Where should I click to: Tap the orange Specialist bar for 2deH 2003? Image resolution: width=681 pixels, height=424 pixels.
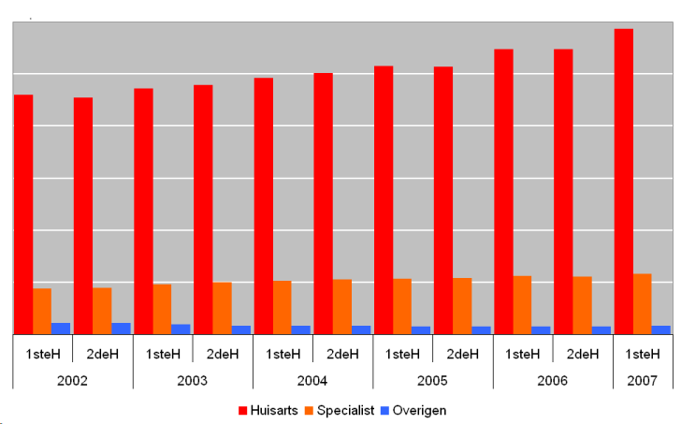[x=222, y=308]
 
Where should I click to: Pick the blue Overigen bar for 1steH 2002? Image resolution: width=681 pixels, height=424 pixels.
[x=61, y=329]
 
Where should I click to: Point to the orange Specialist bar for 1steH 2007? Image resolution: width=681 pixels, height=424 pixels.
[x=643, y=303]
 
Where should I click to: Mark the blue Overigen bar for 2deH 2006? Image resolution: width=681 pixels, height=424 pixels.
[x=601, y=329]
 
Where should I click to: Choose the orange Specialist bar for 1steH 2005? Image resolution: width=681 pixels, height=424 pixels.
[x=402, y=306]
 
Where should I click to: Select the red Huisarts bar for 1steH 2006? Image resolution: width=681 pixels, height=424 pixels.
[x=503, y=191]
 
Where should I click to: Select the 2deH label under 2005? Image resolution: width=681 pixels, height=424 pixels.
[x=463, y=354]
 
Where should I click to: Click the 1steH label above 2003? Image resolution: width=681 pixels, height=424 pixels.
[x=163, y=354]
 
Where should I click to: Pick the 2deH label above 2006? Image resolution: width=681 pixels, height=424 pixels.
[x=583, y=354]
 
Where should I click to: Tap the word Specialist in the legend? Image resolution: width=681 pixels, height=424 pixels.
[x=345, y=411]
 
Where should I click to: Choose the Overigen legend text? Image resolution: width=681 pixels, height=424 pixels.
[x=419, y=411]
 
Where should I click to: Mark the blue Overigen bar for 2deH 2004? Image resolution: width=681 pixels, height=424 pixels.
[x=361, y=329]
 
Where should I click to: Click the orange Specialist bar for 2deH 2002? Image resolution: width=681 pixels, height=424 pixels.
[x=102, y=310]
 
